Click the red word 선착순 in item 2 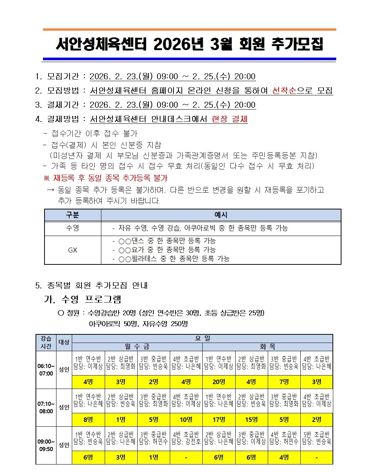pos(284,91)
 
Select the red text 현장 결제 pos(229,119)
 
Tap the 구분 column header pos(73,215)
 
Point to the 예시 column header pos(221,215)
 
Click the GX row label pos(73,250)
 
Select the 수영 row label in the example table pos(73,228)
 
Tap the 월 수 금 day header pos(137,347)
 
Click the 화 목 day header pos(267,347)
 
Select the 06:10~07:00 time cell pos(46,370)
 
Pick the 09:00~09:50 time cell pos(46,445)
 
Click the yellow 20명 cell pos(219,382)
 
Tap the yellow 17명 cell pos(219,420)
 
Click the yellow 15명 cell pos(251,420)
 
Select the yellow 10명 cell pos(186,420)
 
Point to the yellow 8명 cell pos(88,420)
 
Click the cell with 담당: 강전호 pos(186,438)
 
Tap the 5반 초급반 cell pos(316,438)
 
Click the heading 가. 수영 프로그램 pos(83,299)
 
